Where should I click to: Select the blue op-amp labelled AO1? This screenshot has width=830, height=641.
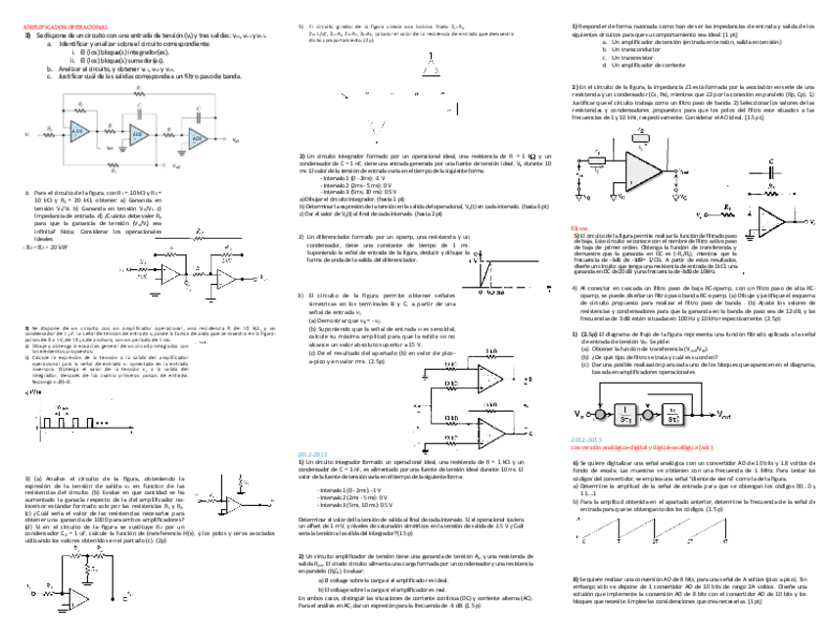tap(79, 132)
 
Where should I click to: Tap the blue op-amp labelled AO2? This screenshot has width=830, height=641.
tap(139, 134)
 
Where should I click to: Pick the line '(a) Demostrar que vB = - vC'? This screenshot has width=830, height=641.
tap(346, 320)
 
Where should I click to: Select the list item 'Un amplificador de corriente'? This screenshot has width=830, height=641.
tap(646, 65)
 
